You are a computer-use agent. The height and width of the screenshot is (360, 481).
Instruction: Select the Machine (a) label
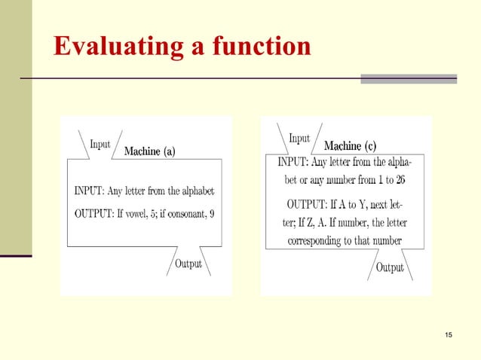point(149,152)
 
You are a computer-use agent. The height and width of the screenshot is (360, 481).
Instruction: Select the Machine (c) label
point(350,145)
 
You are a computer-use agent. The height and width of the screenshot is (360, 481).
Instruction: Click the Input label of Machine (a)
point(100,144)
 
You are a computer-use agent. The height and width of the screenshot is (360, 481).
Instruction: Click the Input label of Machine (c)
point(299,138)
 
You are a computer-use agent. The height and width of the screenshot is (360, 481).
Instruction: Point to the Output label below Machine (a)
point(188,264)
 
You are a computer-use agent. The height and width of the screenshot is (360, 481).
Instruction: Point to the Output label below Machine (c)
point(390,267)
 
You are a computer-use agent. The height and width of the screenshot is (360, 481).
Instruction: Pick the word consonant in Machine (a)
point(184,213)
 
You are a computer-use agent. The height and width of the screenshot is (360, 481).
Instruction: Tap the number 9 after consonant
point(212,213)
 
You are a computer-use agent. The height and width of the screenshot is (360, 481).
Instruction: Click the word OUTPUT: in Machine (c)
point(309,203)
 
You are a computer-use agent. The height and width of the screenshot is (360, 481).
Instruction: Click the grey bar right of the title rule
point(409,78)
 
